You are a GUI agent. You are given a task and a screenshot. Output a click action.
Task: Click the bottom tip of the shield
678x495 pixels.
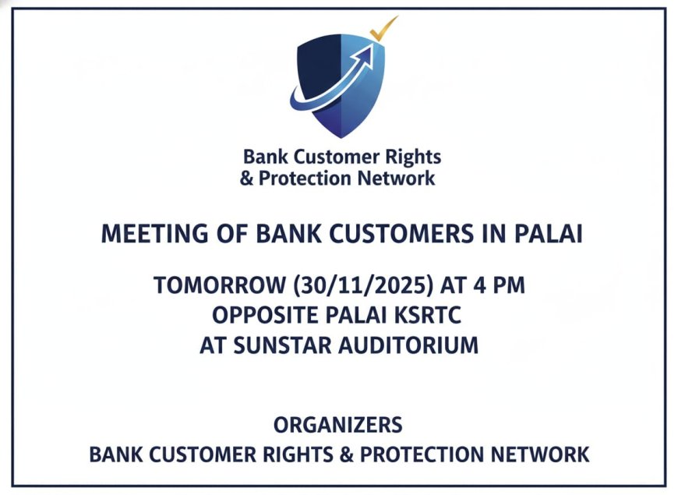[341, 138]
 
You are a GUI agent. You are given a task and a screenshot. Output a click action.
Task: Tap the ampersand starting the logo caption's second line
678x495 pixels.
[246, 179]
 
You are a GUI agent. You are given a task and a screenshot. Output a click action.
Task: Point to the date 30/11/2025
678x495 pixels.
[363, 285]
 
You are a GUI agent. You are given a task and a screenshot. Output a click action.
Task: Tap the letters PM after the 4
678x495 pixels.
[510, 285]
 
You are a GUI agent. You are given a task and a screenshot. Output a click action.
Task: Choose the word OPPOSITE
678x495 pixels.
[265, 315]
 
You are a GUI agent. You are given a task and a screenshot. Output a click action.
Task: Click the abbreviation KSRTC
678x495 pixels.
[428, 315]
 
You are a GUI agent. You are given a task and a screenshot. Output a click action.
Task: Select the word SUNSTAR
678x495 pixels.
[283, 346]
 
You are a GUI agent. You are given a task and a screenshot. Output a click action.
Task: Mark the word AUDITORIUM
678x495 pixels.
[408, 346]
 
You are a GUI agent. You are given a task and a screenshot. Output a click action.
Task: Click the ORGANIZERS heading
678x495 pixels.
[338, 425]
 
